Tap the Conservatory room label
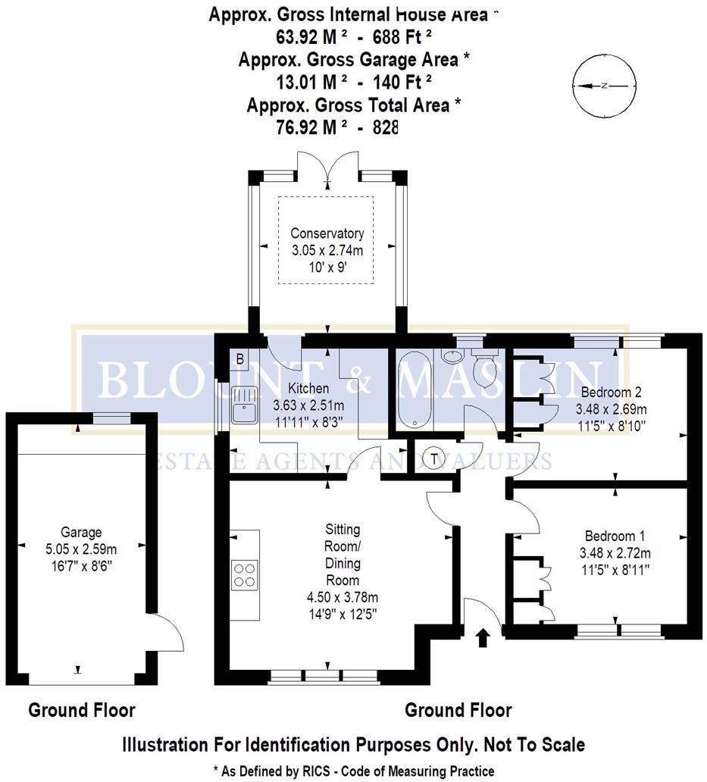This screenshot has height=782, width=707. coord(328,233)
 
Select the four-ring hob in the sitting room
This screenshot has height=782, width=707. coord(244,574)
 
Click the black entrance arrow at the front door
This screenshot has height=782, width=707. coord(482,639)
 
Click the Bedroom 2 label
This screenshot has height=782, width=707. coord(611,393)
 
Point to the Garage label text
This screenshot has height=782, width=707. coord(81,533)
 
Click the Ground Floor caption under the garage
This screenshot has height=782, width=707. coord(82,710)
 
